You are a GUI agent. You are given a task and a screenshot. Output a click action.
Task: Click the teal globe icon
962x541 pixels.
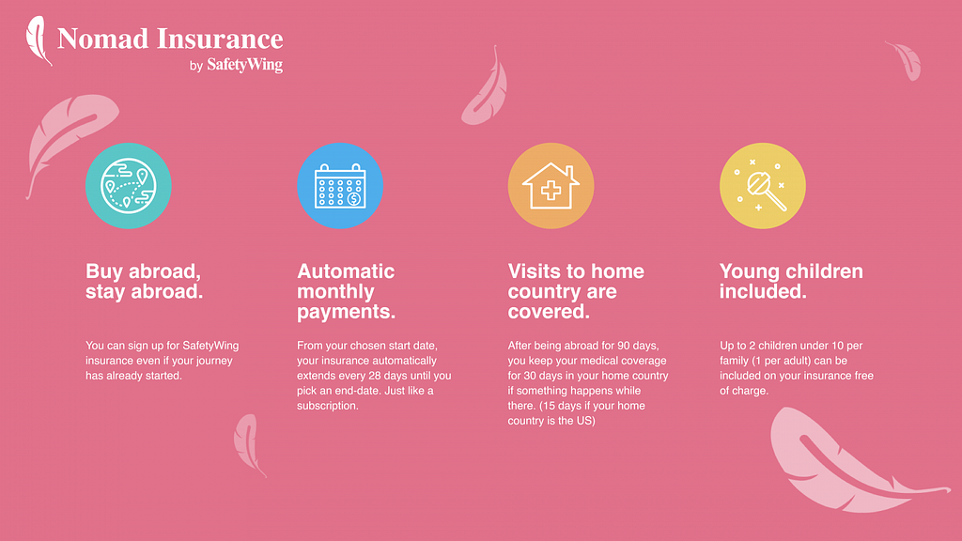click(x=128, y=186)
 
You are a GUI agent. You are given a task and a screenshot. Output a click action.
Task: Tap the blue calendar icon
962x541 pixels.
click(x=340, y=186)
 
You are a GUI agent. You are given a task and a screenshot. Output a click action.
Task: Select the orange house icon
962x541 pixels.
click(x=551, y=186)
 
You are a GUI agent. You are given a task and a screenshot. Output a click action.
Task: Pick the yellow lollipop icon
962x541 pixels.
click(x=763, y=186)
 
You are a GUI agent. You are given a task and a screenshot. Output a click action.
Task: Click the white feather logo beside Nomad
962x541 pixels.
click(x=38, y=40)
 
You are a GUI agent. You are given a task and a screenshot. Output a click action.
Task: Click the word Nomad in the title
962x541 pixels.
click(x=103, y=39)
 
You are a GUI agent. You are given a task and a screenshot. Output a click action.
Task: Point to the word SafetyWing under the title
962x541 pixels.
click(x=245, y=65)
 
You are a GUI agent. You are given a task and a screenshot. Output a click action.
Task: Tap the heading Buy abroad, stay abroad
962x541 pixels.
click(x=144, y=281)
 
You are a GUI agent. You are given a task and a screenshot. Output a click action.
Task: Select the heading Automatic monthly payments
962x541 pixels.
click(x=346, y=291)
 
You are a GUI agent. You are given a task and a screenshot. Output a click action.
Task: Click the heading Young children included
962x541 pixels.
click(x=791, y=281)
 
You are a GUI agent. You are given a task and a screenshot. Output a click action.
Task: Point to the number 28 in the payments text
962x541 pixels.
click(x=375, y=376)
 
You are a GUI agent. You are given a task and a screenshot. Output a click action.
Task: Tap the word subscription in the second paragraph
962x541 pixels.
click(x=327, y=406)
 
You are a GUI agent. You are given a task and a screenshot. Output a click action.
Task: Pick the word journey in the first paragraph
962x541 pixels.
click(x=214, y=361)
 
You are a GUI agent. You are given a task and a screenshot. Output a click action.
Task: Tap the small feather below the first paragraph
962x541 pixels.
click(x=248, y=443)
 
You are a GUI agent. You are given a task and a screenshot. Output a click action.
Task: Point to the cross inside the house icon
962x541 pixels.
click(x=551, y=190)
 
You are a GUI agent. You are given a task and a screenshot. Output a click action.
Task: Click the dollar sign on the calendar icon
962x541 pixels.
click(x=354, y=199)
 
